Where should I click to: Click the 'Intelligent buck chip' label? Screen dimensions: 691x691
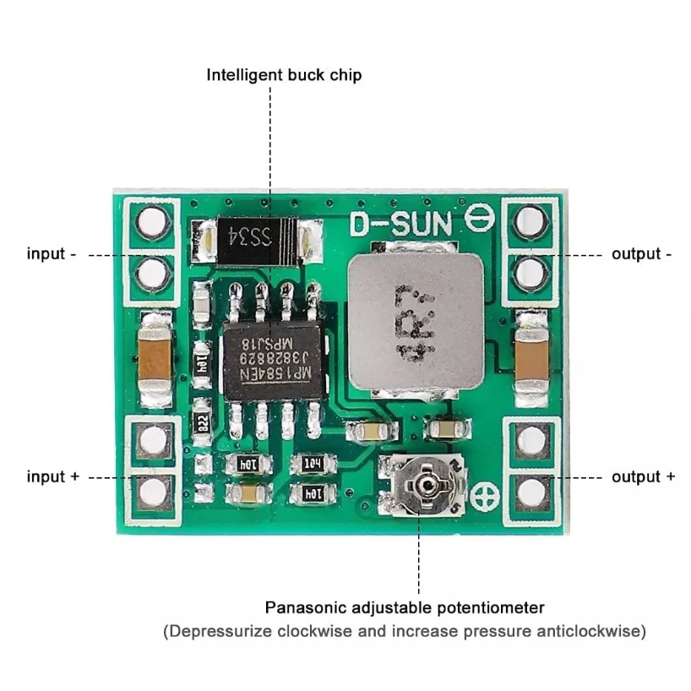coord(284,75)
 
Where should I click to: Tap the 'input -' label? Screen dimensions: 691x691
coord(52,253)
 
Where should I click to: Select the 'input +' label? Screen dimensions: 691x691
coord(53,476)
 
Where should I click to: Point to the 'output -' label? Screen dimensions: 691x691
coord(641,253)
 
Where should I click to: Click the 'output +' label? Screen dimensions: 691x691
coord(643,476)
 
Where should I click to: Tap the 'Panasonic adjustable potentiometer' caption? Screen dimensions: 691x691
coord(405,607)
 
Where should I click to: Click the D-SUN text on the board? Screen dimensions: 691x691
coord(401,224)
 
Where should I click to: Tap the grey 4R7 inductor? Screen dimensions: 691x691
coord(415,323)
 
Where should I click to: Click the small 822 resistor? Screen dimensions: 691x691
coord(202,422)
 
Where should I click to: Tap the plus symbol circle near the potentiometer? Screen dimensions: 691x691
coord(487,498)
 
